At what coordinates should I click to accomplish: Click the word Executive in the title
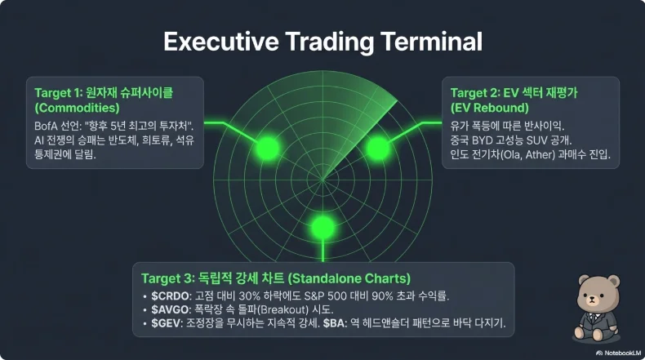221,42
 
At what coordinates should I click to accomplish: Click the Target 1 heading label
59,93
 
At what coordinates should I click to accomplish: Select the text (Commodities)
77,108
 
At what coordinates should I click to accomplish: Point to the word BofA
46,126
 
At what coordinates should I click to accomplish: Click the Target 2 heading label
474,93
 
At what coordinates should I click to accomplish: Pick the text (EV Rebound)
490,108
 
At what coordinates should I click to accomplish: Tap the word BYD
481,140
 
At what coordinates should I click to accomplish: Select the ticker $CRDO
170,296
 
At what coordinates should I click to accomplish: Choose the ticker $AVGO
170,309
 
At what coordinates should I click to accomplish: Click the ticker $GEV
166,323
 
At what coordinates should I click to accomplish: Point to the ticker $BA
333,323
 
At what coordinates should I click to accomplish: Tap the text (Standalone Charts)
349,278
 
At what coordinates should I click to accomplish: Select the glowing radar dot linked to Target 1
267,148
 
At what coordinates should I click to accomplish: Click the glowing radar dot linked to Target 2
378,148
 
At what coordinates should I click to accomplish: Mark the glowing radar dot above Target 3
323,227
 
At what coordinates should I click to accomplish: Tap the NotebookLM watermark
618,353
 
